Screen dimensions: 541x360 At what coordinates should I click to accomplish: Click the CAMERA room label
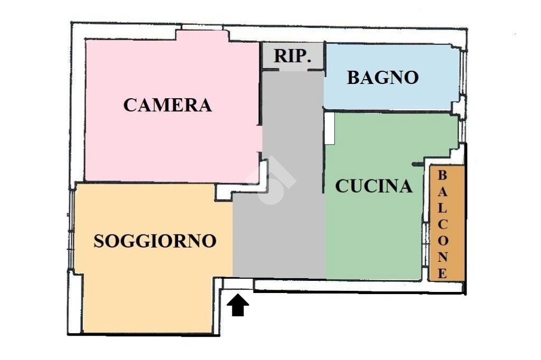click(x=167, y=105)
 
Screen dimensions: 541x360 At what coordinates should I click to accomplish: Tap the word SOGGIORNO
click(x=155, y=241)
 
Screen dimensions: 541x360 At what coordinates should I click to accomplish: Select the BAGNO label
click(x=383, y=78)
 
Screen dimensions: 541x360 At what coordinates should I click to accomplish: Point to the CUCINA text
click(x=374, y=186)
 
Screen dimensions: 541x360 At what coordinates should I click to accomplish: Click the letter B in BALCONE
click(x=442, y=175)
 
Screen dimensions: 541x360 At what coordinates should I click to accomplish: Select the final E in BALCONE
click(x=442, y=273)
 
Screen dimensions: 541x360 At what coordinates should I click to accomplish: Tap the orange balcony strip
click(x=447, y=223)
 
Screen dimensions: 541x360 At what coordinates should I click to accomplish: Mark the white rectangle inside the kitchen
click(x=330, y=128)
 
